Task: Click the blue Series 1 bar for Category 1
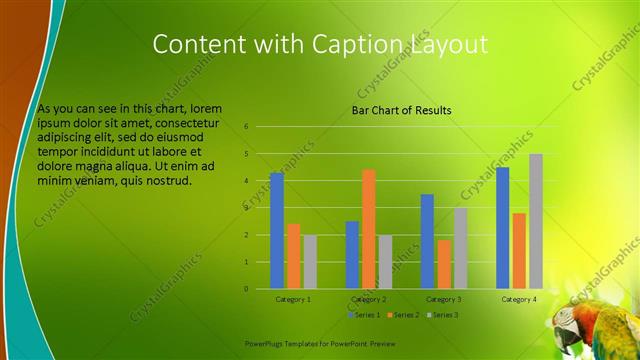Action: [277, 231]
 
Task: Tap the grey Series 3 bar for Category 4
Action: [536, 221]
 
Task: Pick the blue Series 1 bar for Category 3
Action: [427, 241]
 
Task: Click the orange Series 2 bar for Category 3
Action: [443, 264]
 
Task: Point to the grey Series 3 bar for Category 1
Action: [310, 262]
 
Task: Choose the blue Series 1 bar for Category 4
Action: [502, 228]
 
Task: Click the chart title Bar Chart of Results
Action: [401, 110]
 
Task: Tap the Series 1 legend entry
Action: [361, 315]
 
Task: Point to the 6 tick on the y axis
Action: [246, 127]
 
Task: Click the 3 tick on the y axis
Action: [246, 208]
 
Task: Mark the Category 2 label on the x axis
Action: [369, 299]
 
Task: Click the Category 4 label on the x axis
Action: [518, 299]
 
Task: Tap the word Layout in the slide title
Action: [449, 45]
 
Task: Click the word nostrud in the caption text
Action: [162, 180]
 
